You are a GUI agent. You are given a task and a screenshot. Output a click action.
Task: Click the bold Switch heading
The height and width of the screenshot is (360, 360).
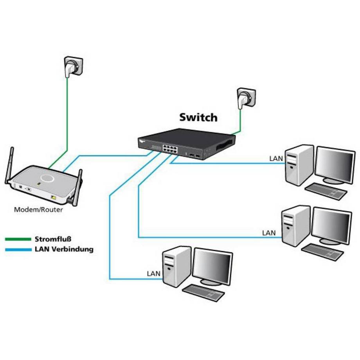[x=198, y=117]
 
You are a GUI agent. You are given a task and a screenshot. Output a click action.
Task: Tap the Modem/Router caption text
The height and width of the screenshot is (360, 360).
[x=38, y=210]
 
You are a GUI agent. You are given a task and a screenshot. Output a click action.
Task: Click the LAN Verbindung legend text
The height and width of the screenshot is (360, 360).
[x=64, y=249]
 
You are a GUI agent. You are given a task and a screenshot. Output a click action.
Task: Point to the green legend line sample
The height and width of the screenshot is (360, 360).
[x=18, y=239]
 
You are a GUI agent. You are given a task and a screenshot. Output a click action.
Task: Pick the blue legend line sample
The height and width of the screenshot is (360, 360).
[x=18, y=249]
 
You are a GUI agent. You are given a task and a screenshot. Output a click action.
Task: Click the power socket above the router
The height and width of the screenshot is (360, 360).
[x=73, y=66]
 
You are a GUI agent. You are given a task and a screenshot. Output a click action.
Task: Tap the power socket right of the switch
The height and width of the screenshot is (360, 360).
[x=245, y=97]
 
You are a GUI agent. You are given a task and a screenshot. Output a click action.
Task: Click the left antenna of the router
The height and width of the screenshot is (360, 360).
[x=9, y=164]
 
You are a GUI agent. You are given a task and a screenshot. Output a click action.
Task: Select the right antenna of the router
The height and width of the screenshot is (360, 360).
[x=77, y=186]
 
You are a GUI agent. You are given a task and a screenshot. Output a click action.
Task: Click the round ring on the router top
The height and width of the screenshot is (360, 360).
[x=47, y=178]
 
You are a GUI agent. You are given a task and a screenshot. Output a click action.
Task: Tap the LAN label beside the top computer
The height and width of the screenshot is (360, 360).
[x=275, y=158]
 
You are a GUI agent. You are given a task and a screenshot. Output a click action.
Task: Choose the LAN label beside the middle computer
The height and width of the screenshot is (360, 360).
[x=268, y=233]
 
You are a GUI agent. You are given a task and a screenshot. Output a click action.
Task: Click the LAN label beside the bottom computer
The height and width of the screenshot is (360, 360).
[x=153, y=274]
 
